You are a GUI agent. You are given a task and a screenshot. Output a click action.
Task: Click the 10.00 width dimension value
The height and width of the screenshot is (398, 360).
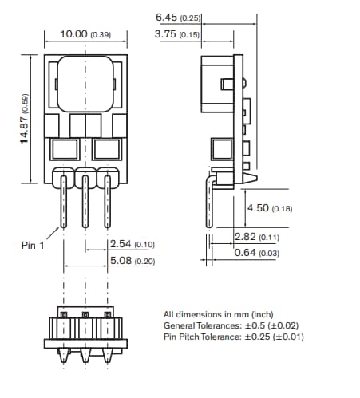(x=74, y=34)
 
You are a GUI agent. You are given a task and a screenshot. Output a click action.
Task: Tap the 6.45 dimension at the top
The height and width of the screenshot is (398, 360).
(x=167, y=17)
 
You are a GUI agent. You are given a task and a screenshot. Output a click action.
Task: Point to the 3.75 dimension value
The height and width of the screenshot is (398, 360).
(x=167, y=34)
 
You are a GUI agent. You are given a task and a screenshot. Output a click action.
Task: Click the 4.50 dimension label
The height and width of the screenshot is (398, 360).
(x=258, y=208)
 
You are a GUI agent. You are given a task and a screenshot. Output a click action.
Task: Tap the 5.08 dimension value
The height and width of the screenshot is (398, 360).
(x=121, y=261)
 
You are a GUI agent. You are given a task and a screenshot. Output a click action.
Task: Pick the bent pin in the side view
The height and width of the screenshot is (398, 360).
(x=210, y=207)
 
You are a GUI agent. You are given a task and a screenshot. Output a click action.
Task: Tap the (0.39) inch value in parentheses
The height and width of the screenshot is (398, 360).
(x=101, y=34)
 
